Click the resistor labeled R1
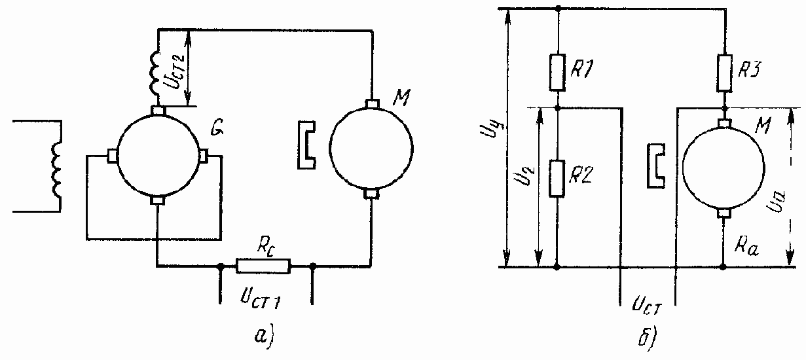point(557,73)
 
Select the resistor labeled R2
point(557,178)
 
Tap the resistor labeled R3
point(724,72)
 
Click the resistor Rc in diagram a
point(263,266)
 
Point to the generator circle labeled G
point(158,154)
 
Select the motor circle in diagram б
point(724,166)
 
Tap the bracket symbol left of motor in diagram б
point(657,166)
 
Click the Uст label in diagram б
point(646,304)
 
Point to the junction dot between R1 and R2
point(557,107)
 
